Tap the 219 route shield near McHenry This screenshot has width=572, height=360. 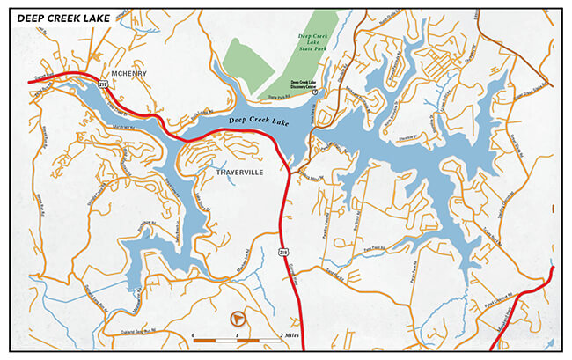[104, 85]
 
